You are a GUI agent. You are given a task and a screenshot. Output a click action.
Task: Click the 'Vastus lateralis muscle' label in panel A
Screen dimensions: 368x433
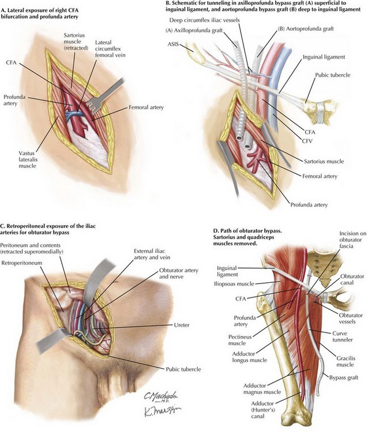tap(28, 159)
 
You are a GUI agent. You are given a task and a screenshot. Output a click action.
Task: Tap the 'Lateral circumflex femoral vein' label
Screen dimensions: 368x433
tap(110, 48)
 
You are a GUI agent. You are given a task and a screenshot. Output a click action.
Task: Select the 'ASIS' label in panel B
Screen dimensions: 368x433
tap(172, 44)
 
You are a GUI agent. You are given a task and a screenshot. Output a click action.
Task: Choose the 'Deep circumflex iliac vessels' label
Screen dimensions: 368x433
tap(204, 20)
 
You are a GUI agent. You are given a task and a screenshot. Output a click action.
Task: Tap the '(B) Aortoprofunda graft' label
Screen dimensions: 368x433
tap(306, 28)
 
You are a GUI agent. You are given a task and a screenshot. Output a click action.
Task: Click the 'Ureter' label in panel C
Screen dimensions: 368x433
tap(182, 325)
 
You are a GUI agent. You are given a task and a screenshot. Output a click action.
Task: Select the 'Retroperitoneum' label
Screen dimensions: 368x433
tap(22, 263)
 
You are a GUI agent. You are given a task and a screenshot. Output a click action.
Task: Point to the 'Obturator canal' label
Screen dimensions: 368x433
tap(352, 279)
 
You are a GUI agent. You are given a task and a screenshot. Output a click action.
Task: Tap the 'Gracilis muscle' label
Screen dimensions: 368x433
tap(346, 361)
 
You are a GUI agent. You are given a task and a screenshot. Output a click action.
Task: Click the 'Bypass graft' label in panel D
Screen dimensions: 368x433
tap(343, 377)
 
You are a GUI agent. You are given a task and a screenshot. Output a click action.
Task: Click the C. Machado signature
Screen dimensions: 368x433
tap(160, 397)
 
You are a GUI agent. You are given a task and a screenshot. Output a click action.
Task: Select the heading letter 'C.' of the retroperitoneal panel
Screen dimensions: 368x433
tap(3, 226)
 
